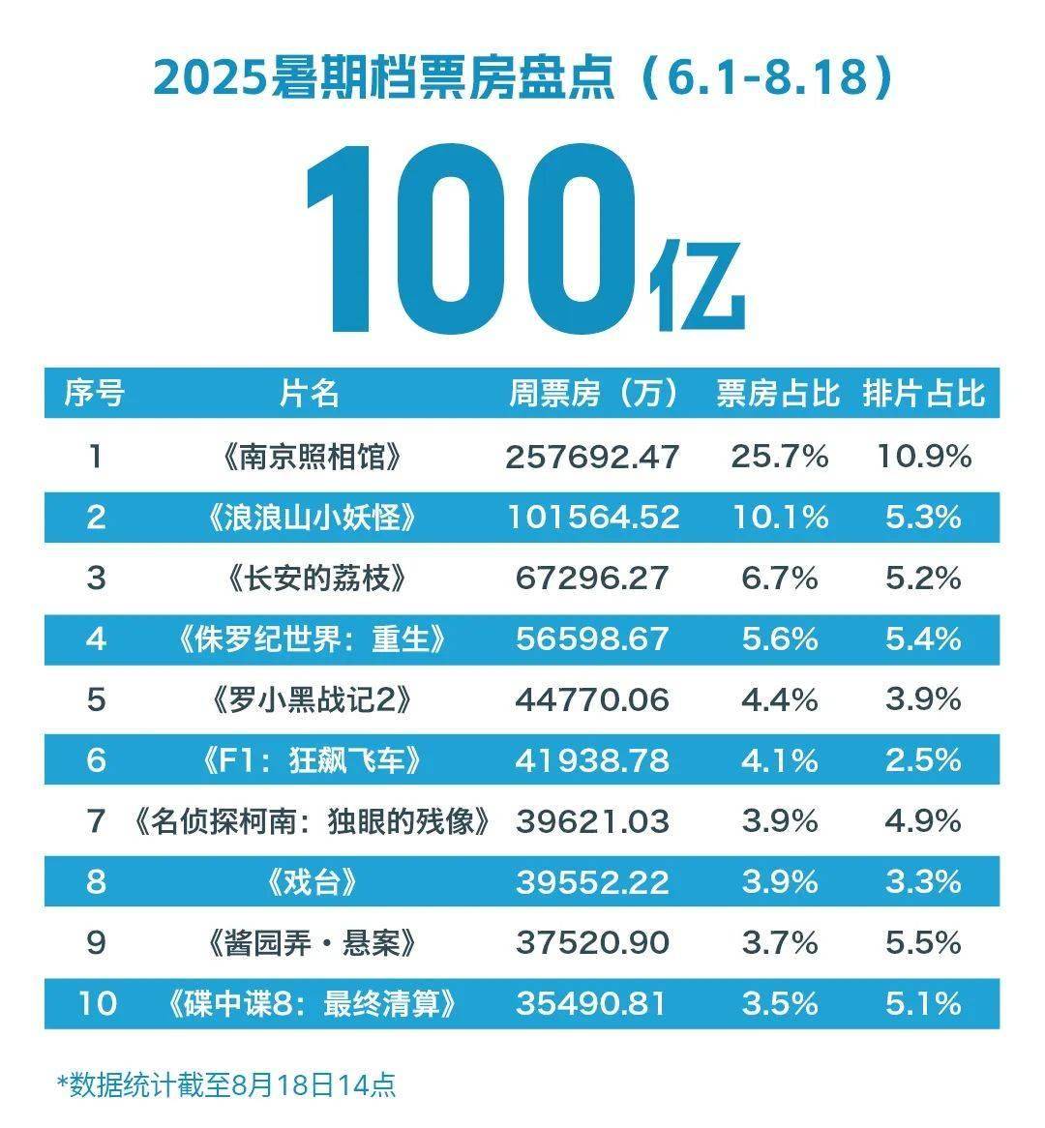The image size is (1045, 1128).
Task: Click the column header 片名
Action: click(310, 394)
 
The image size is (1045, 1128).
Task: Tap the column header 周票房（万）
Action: click(594, 394)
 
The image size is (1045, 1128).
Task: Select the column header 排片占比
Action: click(923, 394)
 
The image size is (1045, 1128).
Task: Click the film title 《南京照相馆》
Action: click(310, 457)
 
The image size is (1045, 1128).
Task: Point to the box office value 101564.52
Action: click(593, 518)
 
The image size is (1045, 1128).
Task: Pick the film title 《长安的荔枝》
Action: click(310, 579)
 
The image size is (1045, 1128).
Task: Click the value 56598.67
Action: click(592, 639)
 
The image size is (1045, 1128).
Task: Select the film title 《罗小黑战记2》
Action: click(310, 700)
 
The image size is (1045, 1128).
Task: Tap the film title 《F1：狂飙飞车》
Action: click(310, 760)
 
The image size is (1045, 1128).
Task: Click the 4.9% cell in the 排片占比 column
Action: click(923, 821)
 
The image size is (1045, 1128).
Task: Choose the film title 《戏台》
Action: click(310, 882)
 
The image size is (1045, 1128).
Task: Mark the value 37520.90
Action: click(592, 943)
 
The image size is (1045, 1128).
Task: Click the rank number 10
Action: click(96, 1003)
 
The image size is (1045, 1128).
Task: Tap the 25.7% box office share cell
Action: click(779, 457)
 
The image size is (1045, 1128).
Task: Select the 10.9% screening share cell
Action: click(923, 457)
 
